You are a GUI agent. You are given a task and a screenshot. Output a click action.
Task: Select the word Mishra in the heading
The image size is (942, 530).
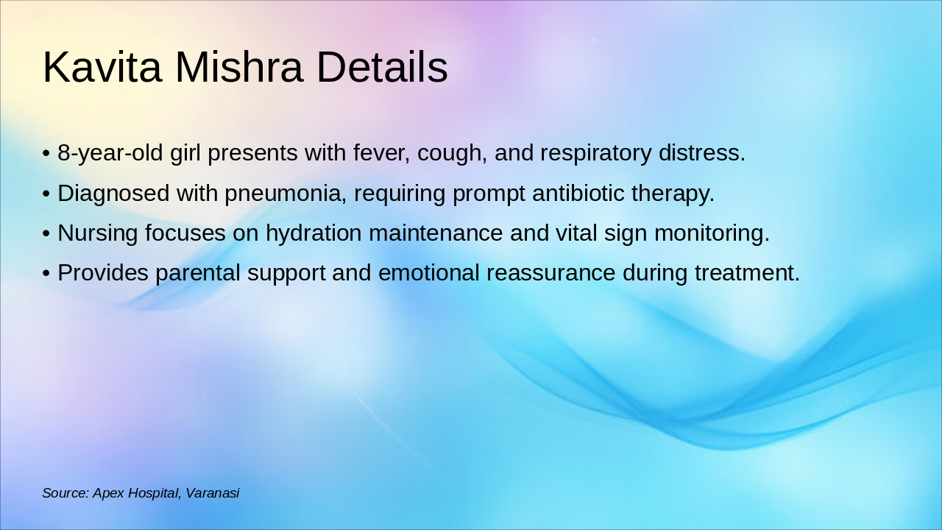[238, 68]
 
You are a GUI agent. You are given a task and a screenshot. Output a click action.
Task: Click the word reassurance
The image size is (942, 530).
[550, 273]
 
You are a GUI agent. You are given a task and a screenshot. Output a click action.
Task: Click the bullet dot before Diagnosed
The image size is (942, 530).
[46, 194]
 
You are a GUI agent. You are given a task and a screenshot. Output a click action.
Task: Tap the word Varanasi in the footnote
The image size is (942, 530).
[212, 493]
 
